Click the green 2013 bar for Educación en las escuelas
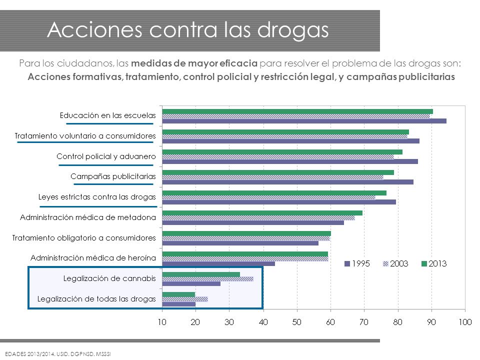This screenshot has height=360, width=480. tap(297, 111)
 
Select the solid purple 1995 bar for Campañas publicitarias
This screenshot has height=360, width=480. tap(288, 182)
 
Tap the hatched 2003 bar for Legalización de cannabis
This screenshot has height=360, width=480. tap(208, 279)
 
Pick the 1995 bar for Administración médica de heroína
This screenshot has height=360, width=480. tap(218, 263)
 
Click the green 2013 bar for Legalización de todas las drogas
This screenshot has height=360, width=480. tap(178, 294)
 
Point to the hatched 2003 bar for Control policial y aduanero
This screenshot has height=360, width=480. tap(278, 156)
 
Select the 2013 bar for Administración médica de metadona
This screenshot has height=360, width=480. tap(262, 213)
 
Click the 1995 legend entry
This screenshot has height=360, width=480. tap(357, 263)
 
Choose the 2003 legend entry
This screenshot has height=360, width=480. tap(395, 263)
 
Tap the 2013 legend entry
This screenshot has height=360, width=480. tap(434, 263)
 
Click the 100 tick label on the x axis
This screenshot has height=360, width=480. tap(465, 322)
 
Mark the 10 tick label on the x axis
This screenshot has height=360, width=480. tap(162, 322)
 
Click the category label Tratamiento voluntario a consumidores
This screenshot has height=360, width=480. tap(85, 136)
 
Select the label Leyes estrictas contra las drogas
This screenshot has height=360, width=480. tap(97, 197)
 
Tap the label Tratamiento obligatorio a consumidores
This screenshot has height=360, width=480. tap(84, 238)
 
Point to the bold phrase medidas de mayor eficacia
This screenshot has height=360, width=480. tap(194, 63)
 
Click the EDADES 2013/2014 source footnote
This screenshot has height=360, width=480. tap(58, 354)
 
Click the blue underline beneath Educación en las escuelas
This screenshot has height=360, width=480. tap(109, 123)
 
